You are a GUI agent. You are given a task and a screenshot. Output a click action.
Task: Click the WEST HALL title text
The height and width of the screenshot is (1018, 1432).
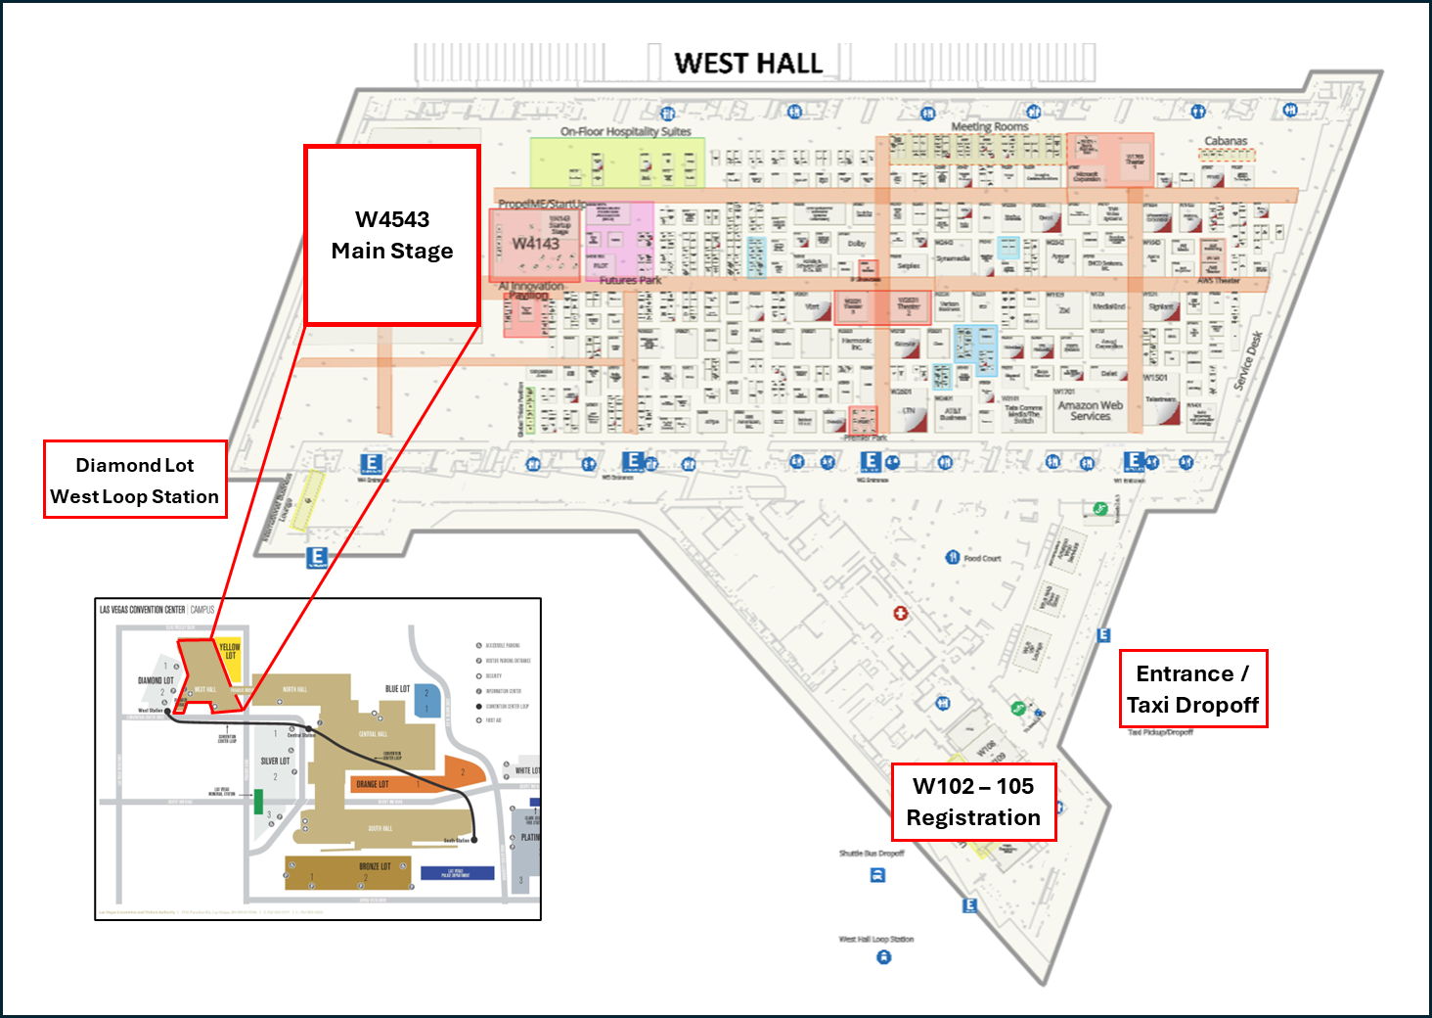tap(748, 64)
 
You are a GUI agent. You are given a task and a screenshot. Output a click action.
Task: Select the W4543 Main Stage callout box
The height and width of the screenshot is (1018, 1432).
tap(392, 235)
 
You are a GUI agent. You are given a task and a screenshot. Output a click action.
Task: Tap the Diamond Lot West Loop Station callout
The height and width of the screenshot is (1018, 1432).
tap(135, 480)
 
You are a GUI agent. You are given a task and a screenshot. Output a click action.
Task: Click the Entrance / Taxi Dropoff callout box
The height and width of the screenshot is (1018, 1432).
tap(1192, 689)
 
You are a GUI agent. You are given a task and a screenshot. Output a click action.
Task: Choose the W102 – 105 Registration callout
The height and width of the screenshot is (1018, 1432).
tap(973, 802)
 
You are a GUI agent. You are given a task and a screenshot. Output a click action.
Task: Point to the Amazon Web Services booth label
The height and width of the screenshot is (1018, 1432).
tap(1090, 410)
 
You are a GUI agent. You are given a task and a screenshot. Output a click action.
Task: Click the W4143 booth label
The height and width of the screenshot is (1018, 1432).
tap(536, 243)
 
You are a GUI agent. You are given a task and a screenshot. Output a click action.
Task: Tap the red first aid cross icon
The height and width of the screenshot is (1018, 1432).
tap(900, 613)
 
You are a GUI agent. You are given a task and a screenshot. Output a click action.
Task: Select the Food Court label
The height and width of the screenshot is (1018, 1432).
tap(982, 558)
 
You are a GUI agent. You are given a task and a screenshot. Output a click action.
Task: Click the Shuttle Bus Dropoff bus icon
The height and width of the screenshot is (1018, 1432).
tap(877, 875)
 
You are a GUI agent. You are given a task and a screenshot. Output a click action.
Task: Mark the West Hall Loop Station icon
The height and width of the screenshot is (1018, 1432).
tap(883, 957)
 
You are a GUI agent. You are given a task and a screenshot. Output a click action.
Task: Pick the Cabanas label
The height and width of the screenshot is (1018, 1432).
tap(1226, 141)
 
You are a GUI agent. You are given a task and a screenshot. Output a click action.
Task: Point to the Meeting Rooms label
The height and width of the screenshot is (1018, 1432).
tap(990, 126)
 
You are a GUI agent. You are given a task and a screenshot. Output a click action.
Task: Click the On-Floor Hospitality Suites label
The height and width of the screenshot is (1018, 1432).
tap(625, 131)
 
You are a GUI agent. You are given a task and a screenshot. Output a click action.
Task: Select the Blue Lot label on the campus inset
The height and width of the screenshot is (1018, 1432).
tap(397, 689)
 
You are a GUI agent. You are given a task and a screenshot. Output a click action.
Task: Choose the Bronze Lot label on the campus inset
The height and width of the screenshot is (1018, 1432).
tap(375, 866)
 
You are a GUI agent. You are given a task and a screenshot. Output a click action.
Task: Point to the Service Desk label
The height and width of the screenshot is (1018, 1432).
tap(1248, 361)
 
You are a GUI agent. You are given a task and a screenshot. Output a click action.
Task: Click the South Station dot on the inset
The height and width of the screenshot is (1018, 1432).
tap(474, 840)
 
